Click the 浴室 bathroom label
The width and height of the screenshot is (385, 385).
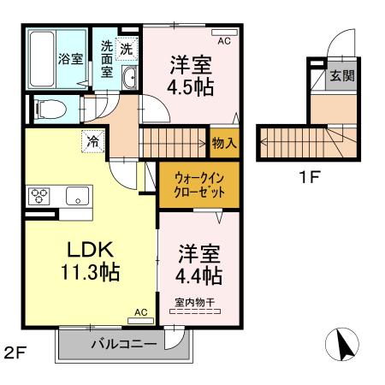coord(71,59)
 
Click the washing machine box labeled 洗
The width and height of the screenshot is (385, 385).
coord(127,48)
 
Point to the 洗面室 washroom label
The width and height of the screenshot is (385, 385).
coord(107,59)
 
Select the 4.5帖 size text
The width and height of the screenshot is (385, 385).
coord(191,86)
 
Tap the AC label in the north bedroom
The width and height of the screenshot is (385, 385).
coord(224,40)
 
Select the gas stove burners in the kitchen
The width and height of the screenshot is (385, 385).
coord(39,194)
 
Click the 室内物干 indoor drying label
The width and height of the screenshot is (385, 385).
coord(197,302)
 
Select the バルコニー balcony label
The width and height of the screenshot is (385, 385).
coord(124,344)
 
